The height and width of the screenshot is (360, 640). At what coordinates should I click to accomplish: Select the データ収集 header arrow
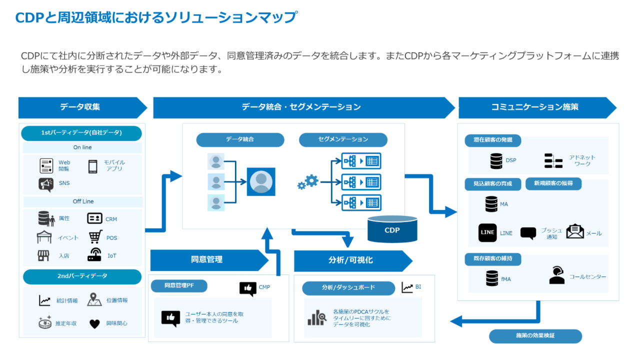[x=80, y=107]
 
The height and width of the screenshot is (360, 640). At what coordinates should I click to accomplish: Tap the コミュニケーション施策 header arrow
[x=535, y=107]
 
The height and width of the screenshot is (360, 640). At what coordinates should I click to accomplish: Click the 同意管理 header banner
[x=207, y=260]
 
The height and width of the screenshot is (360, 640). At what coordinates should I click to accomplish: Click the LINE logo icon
[x=487, y=232]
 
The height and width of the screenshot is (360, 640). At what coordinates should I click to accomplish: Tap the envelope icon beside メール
[x=575, y=231]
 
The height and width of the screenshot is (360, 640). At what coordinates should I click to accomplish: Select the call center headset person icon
[x=556, y=275]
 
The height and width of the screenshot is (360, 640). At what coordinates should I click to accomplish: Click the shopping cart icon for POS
[x=95, y=237]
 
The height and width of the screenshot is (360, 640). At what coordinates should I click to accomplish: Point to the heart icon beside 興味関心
[x=94, y=324]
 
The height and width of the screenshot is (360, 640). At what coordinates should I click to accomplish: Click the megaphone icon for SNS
[x=46, y=184]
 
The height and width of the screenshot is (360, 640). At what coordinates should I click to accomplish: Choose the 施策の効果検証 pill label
[x=535, y=336]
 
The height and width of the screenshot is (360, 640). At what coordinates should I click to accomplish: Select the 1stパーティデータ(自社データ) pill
[x=81, y=133]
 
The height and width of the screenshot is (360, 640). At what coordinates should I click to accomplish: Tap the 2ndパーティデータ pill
[x=81, y=276]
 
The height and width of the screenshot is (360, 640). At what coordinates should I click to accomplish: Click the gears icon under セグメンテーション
[x=308, y=182]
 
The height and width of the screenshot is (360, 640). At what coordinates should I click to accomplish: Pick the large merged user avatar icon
[x=260, y=181]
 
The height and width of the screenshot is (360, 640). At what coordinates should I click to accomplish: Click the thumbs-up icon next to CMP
[x=247, y=288]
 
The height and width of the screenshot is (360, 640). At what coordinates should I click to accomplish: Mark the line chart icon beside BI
[x=407, y=287]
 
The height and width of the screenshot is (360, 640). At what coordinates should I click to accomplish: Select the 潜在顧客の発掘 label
[x=493, y=140]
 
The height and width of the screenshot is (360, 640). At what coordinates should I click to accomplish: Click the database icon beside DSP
[x=496, y=161]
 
